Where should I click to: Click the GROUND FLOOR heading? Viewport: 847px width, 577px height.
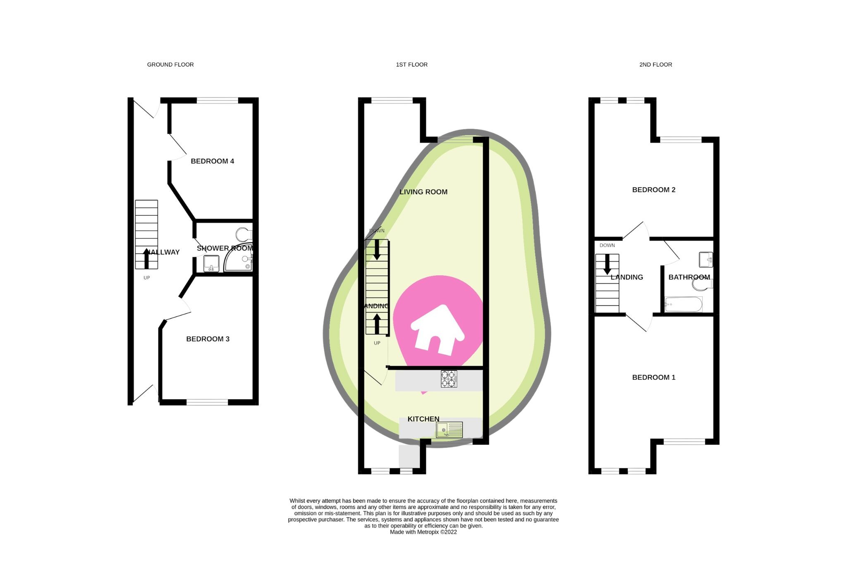click(170, 64)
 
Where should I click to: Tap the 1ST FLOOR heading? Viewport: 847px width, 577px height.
click(412, 64)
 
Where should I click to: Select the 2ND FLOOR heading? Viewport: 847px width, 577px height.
click(656, 64)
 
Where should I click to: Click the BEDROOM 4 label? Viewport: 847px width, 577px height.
click(212, 161)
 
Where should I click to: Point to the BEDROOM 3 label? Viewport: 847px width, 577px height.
click(208, 339)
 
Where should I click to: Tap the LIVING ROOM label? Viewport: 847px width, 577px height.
click(423, 192)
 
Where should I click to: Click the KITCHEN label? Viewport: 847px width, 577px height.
click(423, 419)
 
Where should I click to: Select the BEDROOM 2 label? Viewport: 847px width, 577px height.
click(653, 190)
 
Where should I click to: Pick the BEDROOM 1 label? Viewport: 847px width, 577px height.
click(653, 377)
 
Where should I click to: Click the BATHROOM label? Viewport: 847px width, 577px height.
click(689, 277)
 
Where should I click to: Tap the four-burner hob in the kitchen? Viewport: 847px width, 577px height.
click(449, 379)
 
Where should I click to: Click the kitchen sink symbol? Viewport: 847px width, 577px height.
click(449, 430)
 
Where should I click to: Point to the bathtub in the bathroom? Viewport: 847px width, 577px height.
click(683, 305)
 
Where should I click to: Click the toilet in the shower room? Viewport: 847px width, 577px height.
click(244, 235)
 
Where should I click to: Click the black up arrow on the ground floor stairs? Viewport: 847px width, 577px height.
click(146, 258)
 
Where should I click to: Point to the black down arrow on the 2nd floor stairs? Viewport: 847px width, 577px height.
click(607, 265)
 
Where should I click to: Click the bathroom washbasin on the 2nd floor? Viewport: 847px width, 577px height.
click(706, 260)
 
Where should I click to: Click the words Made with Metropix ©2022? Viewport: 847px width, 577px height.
click(423, 532)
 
